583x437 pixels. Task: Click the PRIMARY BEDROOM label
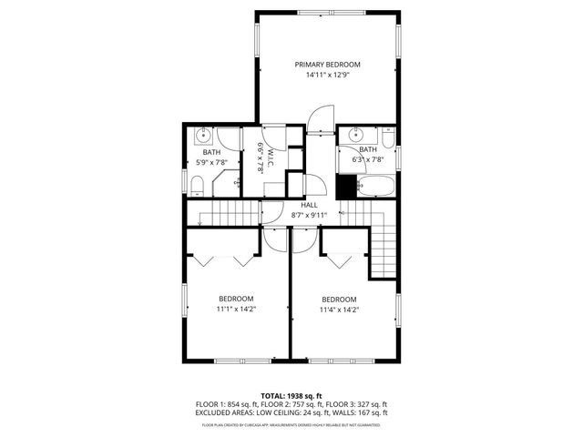327,65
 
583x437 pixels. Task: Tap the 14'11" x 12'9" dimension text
327,76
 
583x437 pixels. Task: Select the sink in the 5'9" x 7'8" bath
204,137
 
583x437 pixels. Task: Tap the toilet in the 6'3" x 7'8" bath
388,138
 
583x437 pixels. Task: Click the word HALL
309,206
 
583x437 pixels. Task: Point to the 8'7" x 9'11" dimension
309,216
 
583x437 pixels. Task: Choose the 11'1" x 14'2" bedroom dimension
236,310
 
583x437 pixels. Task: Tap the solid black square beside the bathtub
345,186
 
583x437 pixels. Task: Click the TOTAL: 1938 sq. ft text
291,396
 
